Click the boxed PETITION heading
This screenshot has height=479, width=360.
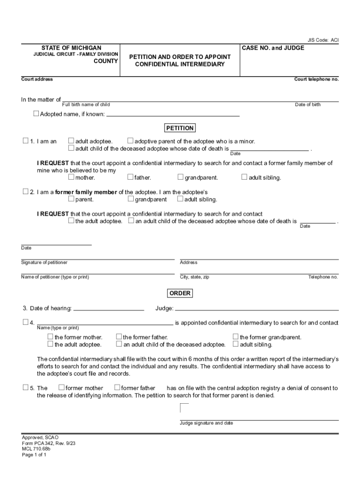[180, 128]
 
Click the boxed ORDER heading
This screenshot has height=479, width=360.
[180, 293]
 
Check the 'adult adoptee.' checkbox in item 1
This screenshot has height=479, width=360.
[72, 141]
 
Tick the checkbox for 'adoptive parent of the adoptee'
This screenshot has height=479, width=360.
[131, 141]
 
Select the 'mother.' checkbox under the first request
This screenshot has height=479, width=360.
[72, 177]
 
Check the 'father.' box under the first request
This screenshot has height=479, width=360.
[130, 177]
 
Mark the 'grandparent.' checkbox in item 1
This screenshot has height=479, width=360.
[180, 177]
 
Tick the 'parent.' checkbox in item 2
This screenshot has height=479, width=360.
[72, 199]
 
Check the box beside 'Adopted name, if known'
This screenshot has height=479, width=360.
[36, 114]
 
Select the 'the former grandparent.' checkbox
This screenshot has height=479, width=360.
[236, 337]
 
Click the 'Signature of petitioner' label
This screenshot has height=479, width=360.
[44, 262]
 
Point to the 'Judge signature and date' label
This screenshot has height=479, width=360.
[206, 423]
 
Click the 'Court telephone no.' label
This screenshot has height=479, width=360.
[316, 79]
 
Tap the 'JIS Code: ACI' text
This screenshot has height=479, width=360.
[323, 40]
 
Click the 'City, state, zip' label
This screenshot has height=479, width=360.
[194, 277]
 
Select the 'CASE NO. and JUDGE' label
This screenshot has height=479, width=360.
[273, 48]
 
